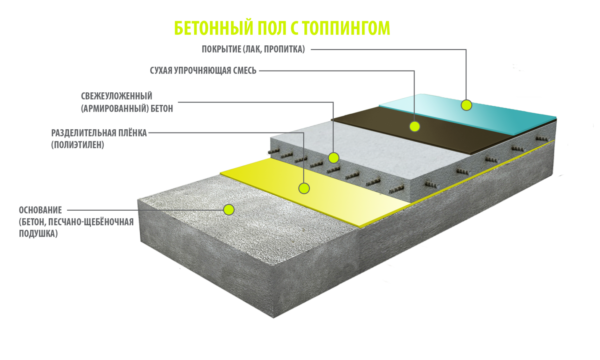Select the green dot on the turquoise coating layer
point(466,105)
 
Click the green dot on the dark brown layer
point(414,126)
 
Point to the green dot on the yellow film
point(304,188)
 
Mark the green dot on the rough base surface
point(229,210)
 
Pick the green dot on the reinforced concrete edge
point(334,157)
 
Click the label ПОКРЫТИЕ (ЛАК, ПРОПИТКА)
point(253,49)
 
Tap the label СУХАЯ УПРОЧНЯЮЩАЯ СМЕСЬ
point(203,71)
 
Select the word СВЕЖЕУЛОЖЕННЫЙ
point(117,96)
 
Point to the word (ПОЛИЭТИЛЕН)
point(78,145)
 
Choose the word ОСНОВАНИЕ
point(40,210)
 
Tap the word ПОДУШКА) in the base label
point(38,233)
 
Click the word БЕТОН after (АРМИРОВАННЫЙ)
point(162,109)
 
